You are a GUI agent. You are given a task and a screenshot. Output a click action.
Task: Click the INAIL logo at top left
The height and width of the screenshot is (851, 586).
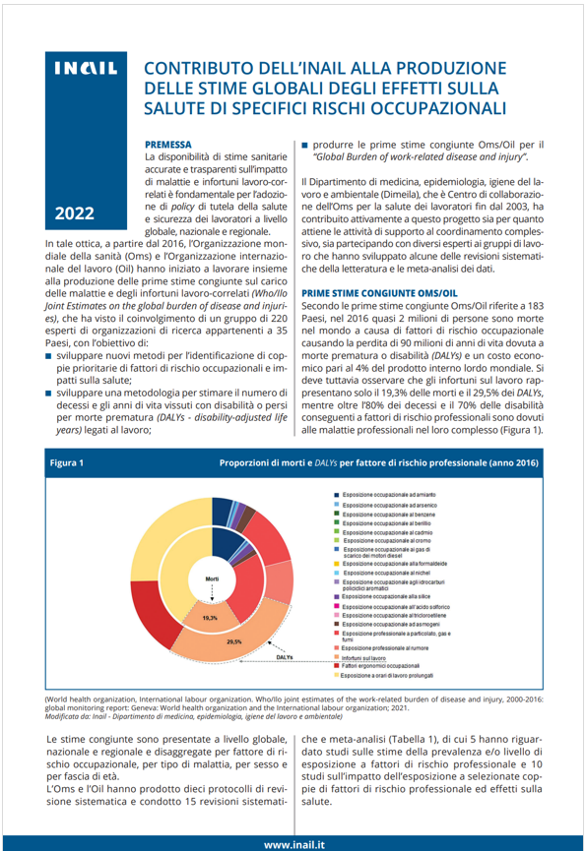point(86,71)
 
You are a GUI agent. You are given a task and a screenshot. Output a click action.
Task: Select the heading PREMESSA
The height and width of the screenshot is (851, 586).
point(167,144)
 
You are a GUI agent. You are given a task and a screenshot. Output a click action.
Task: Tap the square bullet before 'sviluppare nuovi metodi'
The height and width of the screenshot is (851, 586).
point(49,352)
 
